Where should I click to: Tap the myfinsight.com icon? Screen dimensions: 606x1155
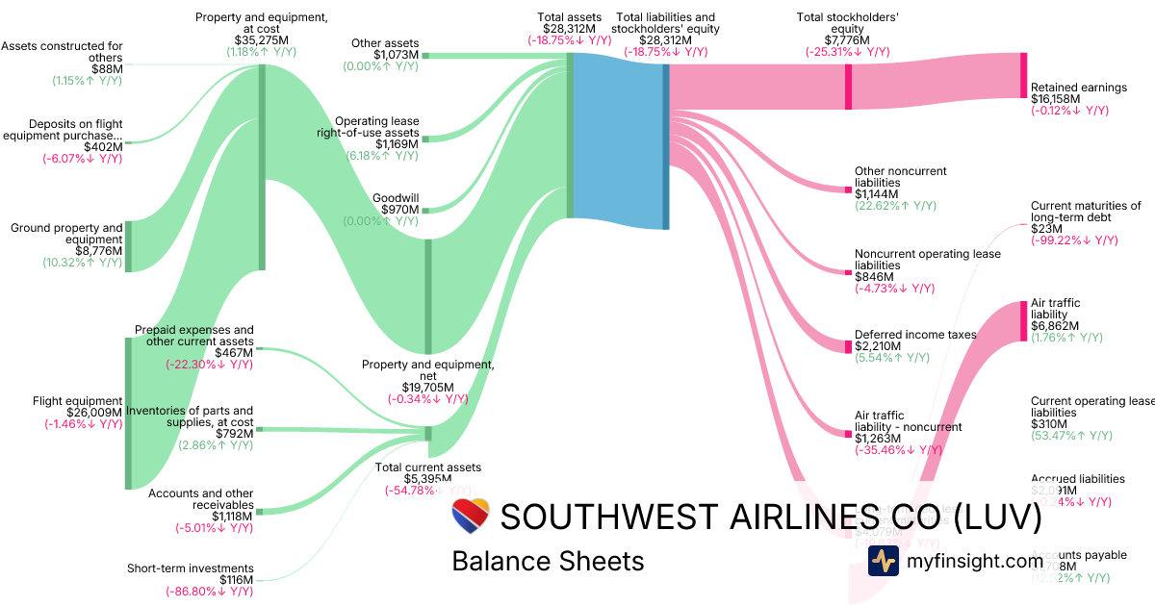[x=883, y=561]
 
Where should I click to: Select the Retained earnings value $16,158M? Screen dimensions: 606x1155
[x=1057, y=99]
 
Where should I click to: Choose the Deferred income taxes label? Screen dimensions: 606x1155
[x=915, y=335]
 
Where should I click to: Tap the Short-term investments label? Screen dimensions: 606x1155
[x=191, y=568]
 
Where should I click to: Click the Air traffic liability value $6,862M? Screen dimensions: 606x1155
[x=1055, y=326]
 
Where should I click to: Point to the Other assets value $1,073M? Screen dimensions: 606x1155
[x=397, y=55]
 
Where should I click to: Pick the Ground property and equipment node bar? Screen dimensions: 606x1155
[x=128, y=246]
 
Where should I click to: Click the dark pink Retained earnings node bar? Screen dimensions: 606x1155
[x=1023, y=75]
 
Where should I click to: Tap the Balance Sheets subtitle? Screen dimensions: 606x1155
[x=548, y=561]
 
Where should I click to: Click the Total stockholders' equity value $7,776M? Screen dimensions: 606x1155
[x=847, y=40]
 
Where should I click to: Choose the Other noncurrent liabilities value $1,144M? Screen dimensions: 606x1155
[x=880, y=194]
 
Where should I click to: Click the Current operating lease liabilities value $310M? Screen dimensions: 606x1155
[x=1049, y=424]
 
